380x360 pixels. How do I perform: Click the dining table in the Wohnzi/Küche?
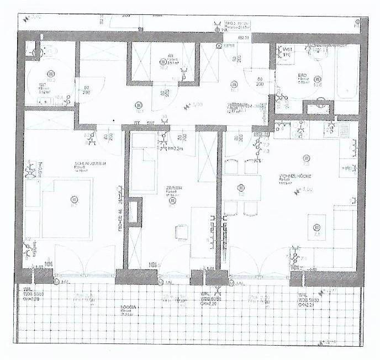click(241, 188)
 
